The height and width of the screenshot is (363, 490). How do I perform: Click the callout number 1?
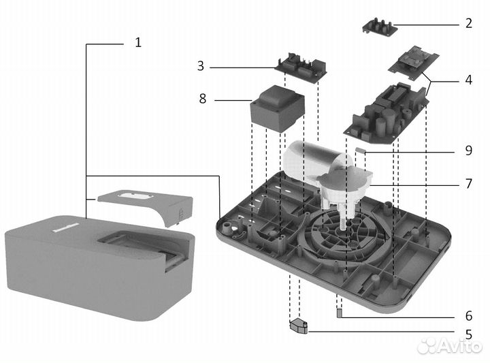point(137,42)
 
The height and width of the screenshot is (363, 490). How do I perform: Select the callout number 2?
point(468,23)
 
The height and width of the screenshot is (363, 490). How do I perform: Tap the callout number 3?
point(200,66)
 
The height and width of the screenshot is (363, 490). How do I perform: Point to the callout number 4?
point(468,80)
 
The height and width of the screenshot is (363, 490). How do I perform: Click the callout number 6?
point(468,316)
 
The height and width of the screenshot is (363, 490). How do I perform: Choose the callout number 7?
point(468,184)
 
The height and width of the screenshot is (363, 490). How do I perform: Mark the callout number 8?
point(202,99)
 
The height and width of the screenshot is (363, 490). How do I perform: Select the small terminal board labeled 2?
point(379,27)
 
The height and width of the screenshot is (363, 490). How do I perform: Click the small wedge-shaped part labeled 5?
point(299,327)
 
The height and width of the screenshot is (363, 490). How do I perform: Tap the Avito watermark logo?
point(448,345)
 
